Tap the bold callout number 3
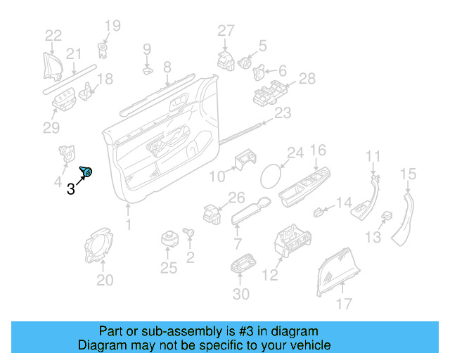70,188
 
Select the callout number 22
53,35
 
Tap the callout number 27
225,31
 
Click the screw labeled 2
188,231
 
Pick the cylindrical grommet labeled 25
168,238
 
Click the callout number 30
240,294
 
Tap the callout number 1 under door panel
128,225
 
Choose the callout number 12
271,276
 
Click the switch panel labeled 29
65,101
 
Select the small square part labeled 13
386,217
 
